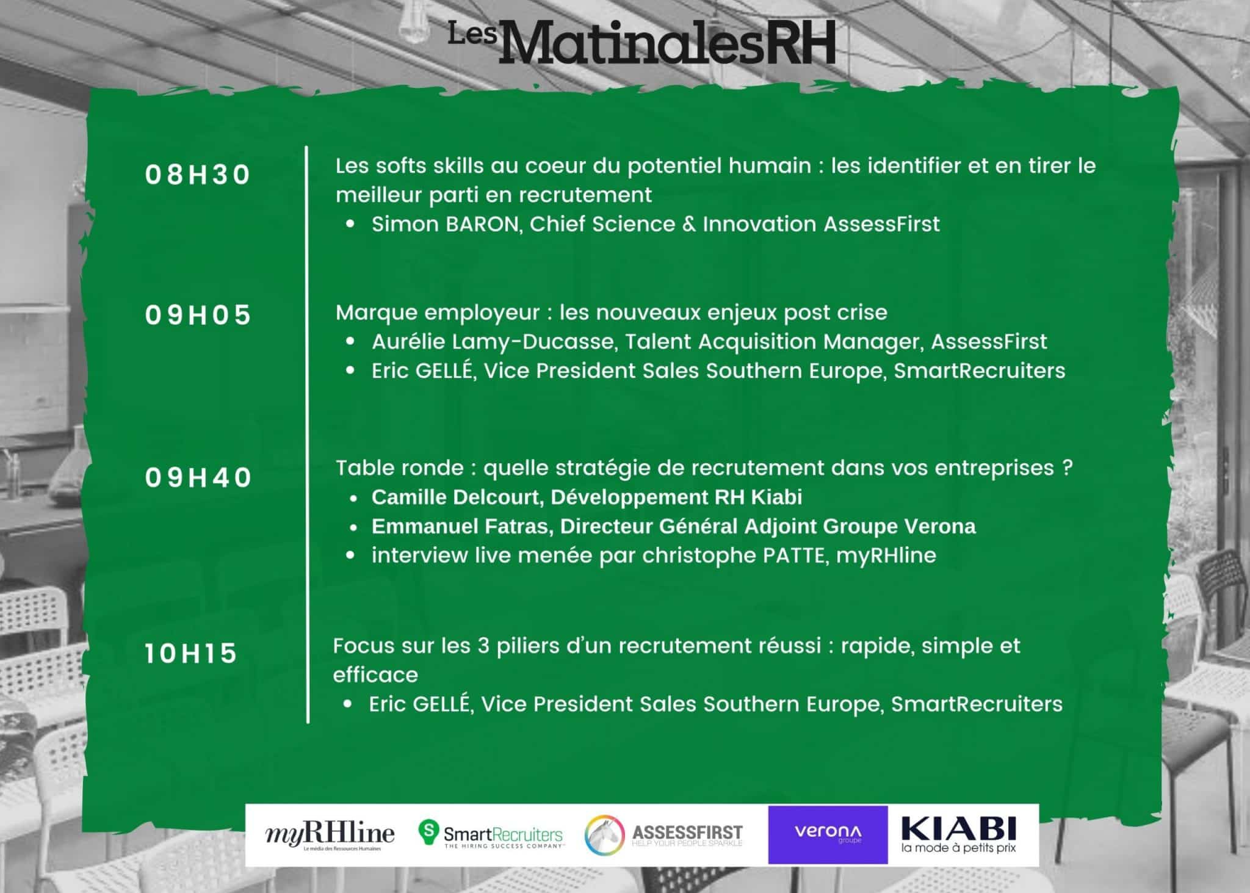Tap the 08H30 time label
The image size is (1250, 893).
click(x=198, y=175)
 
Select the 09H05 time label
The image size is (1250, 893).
click(x=198, y=315)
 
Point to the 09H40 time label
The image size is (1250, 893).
click(x=198, y=477)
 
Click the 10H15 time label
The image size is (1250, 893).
click(x=190, y=654)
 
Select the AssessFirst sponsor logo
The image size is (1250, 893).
click(x=663, y=834)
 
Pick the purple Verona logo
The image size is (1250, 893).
click(x=828, y=834)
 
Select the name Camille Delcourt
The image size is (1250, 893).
click(x=456, y=497)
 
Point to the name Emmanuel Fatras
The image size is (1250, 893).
click(x=461, y=526)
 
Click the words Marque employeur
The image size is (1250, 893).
click(x=438, y=313)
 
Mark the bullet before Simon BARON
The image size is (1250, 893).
click(x=350, y=224)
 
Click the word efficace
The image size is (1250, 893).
click(x=375, y=675)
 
